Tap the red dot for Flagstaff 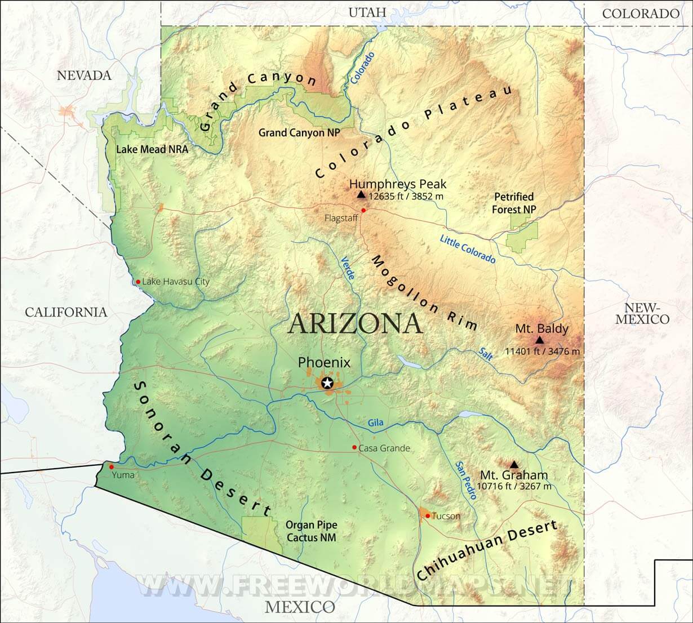coord(363,210)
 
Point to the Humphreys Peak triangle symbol coord(361,194)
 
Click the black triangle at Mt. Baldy coord(540,340)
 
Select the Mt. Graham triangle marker coord(513,465)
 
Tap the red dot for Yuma coord(112,466)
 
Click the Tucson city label coord(446,516)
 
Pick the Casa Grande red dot coord(354,448)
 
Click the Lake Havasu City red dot coord(138,281)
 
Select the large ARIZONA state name coord(356,324)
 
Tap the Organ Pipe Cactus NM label coord(311,531)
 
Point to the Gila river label coord(375,422)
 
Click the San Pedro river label coord(467,480)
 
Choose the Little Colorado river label coord(468,249)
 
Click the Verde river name coord(348,269)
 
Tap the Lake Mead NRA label coord(152,149)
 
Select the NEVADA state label coord(84,75)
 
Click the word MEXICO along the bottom coord(300,607)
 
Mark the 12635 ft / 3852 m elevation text coord(406,197)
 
